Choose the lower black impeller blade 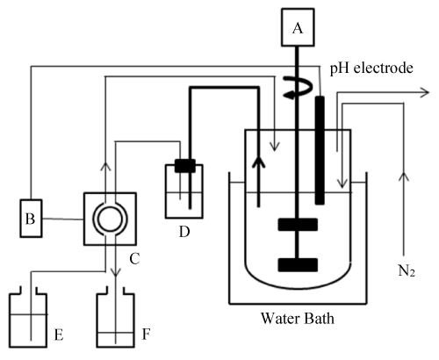[x=298, y=264]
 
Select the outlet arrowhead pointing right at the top [x=424, y=90]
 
